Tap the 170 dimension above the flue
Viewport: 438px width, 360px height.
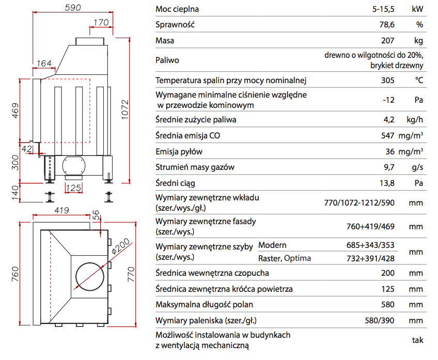101,22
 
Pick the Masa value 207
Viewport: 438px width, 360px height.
387,41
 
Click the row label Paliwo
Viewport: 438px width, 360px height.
167,60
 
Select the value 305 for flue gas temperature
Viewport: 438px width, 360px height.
387,80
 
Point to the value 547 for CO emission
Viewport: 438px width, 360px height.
387,136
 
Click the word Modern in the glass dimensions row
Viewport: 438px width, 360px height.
272,245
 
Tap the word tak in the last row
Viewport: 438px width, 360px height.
418,340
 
